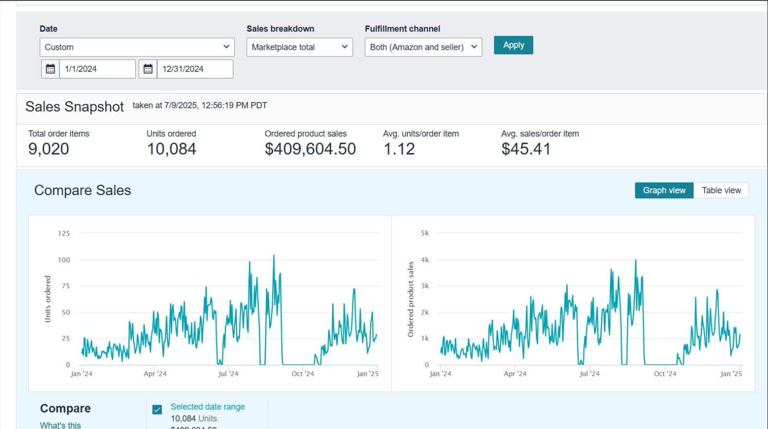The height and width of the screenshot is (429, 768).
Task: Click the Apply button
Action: click(513, 45)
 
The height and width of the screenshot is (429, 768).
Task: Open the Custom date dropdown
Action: click(137, 47)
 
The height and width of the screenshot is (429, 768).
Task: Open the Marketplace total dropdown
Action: click(300, 47)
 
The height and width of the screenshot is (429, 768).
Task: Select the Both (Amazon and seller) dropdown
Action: click(423, 47)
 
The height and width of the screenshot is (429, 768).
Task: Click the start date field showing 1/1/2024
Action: click(97, 69)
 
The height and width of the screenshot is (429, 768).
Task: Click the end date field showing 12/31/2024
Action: click(194, 69)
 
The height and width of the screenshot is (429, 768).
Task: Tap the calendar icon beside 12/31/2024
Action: click(148, 69)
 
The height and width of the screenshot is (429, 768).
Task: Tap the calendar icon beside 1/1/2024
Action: click(50, 69)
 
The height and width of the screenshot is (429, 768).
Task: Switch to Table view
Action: click(721, 190)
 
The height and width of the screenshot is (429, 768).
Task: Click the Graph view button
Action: click(664, 190)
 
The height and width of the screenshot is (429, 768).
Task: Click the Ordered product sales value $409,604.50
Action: click(310, 149)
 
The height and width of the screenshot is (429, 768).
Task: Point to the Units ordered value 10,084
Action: click(171, 149)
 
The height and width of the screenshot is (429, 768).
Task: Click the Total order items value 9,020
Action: click(48, 149)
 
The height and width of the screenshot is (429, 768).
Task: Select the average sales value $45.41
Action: click(526, 149)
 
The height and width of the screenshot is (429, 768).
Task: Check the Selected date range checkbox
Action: click(157, 409)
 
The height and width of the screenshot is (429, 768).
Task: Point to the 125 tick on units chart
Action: click(64, 233)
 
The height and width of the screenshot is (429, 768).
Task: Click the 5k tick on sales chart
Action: click(425, 233)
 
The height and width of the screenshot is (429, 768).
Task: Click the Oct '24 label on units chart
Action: click(303, 374)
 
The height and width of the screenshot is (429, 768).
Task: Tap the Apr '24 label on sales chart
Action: click(515, 374)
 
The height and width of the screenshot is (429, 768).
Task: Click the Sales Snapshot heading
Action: click(74, 106)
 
